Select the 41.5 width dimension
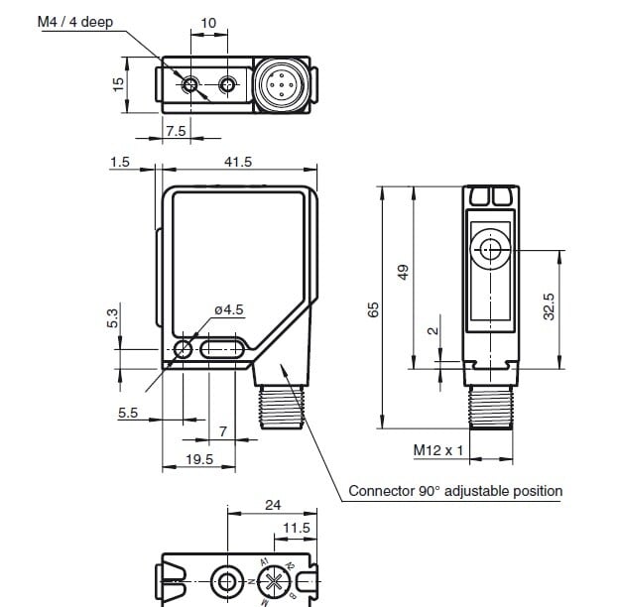point(239,162)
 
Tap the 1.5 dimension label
point(120,162)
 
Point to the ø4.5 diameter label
point(228,310)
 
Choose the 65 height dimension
point(373,308)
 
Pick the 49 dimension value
point(403,271)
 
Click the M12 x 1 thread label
point(438,451)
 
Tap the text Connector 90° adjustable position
point(455,491)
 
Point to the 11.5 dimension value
point(297,529)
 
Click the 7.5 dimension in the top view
point(176,131)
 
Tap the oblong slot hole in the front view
point(222,349)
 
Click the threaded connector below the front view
point(286,407)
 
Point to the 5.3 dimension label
point(112,317)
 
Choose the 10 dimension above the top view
point(208,23)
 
